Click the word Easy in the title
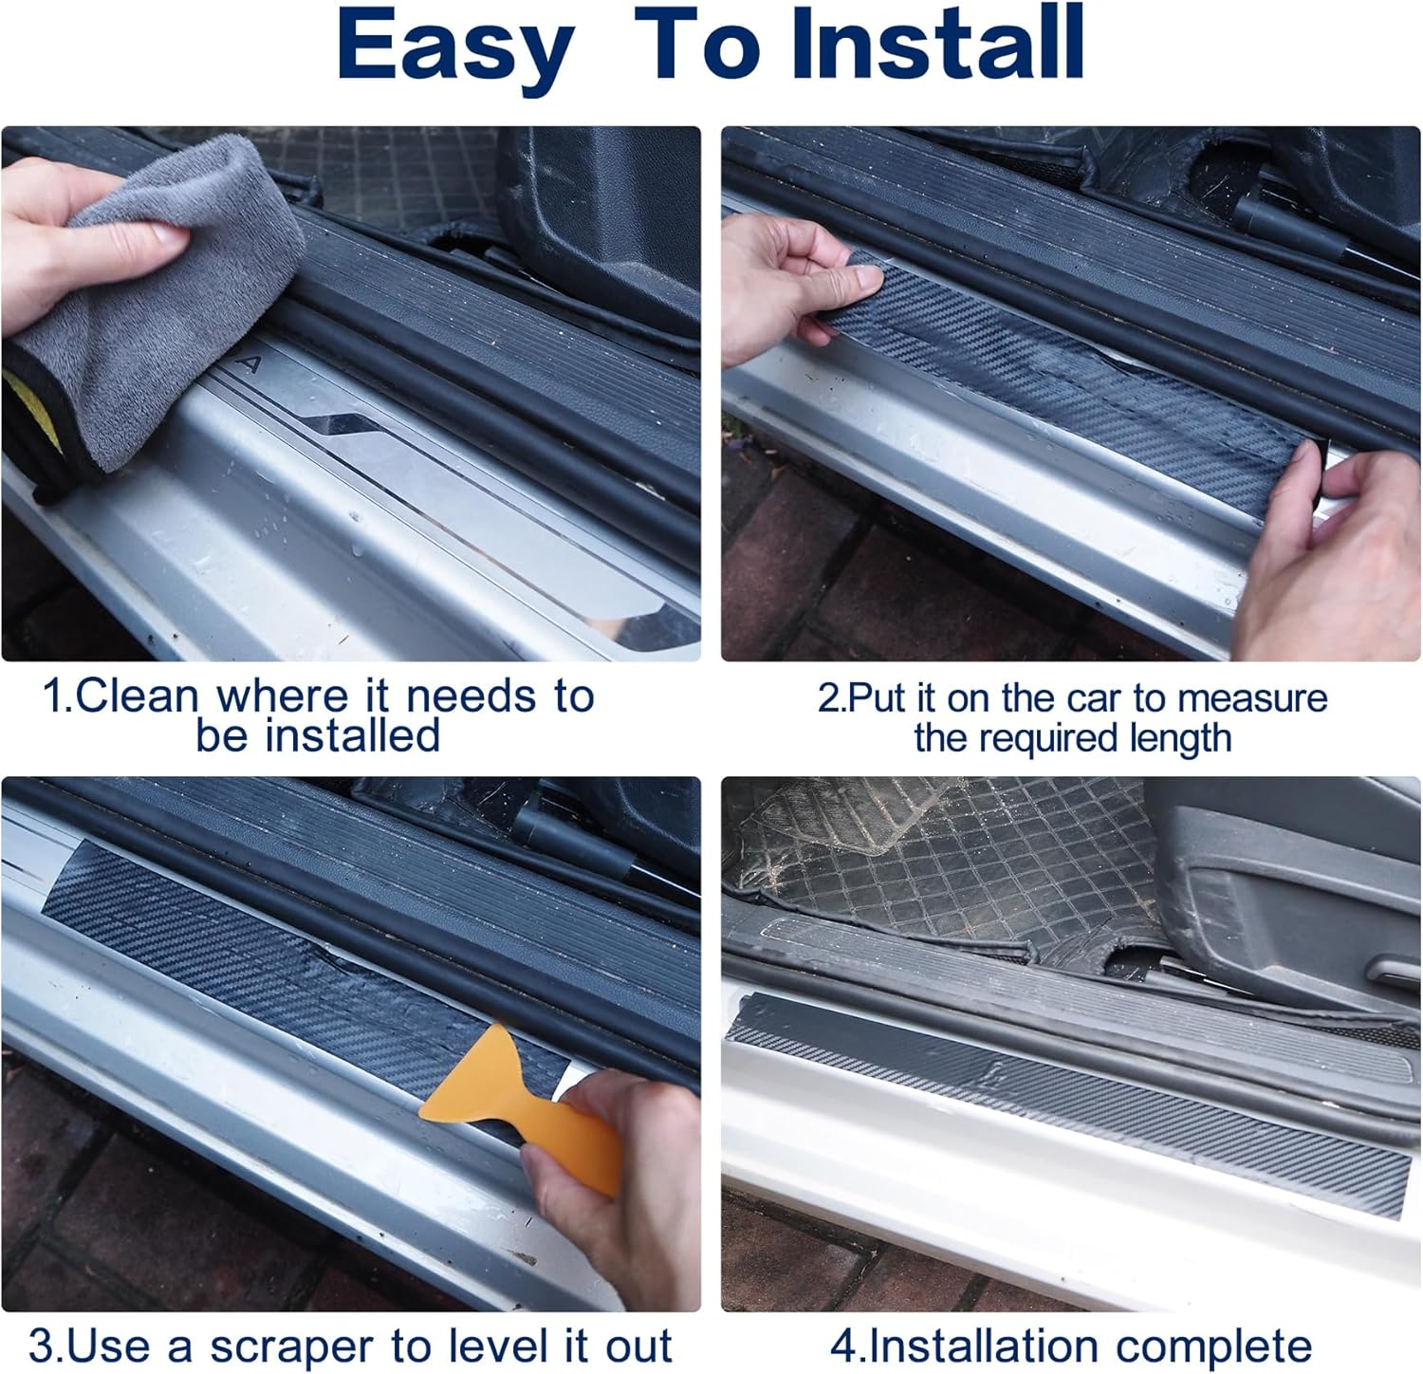pyautogui.click(x=455, y=46)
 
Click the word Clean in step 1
pyautogui.click(x=137, y=696)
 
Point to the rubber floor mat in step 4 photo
pyautogui.click(x=949, y=854)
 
